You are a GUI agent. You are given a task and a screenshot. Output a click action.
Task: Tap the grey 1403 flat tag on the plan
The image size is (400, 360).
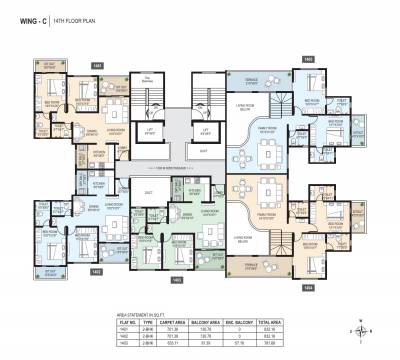[x=176, y=280]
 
